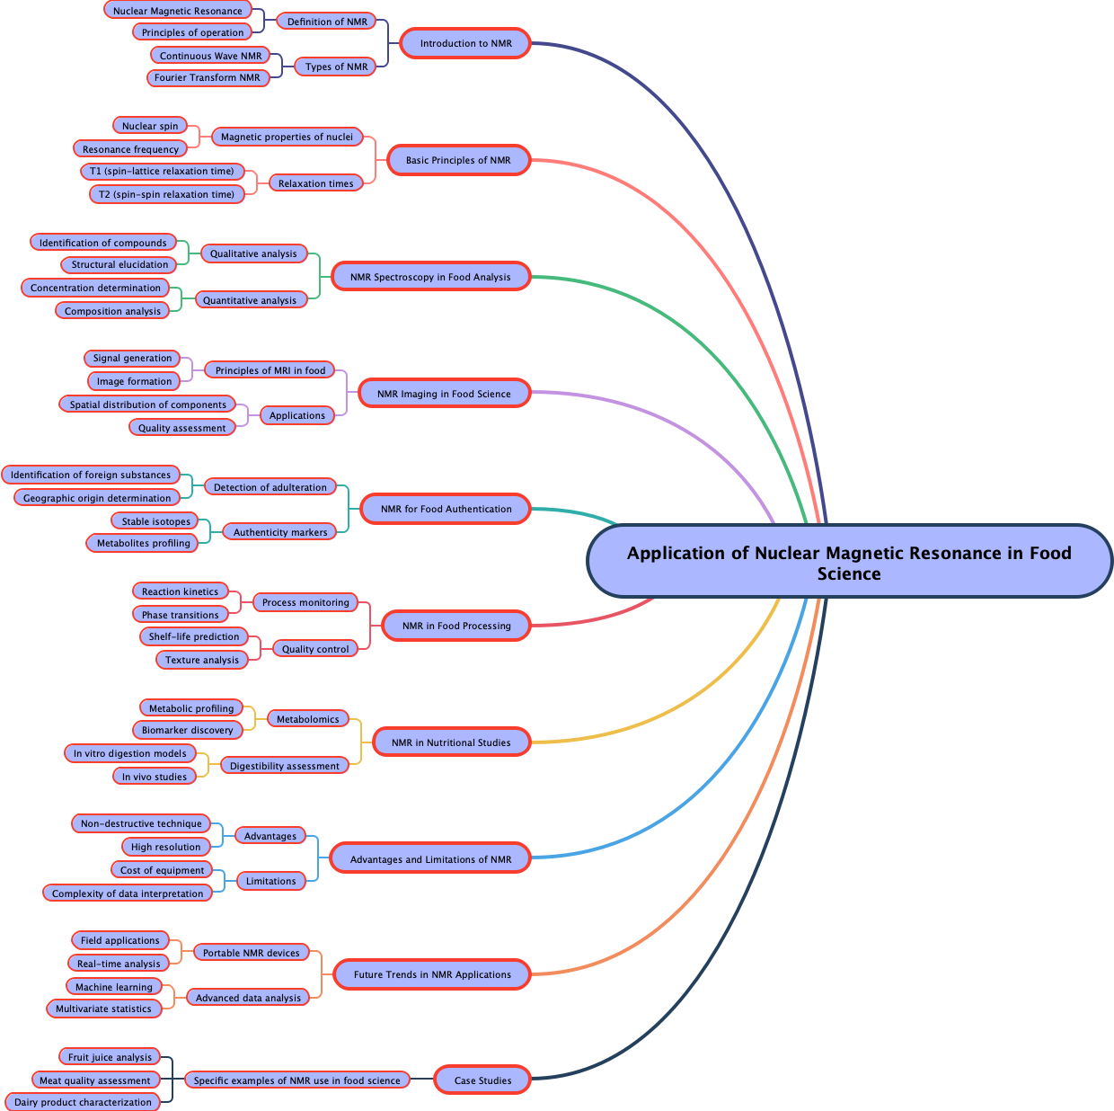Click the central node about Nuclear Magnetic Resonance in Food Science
click(849, 562)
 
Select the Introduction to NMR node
click(465, 43)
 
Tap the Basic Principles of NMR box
click(458, 160)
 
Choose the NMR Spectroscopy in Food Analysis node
click(430, 277)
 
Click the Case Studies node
click(482, 1080)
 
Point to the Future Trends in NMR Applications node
click(432, 974)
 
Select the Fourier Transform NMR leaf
click(208, 77)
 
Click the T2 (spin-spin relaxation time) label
click(166, 194)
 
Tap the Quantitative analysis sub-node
click(250, 300)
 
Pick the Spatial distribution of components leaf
click(148, 404)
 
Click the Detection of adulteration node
click(270, 487)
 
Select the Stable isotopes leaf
click(156, 521)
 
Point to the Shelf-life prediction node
click(194, 636)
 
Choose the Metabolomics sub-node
click(308, 719)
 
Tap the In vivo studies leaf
click(155, 777)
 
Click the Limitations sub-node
click(271, 881)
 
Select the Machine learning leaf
click(114, 987)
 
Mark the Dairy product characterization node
click(84, 1102)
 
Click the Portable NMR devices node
click(252, 953)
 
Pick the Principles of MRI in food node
click(270, 370)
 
